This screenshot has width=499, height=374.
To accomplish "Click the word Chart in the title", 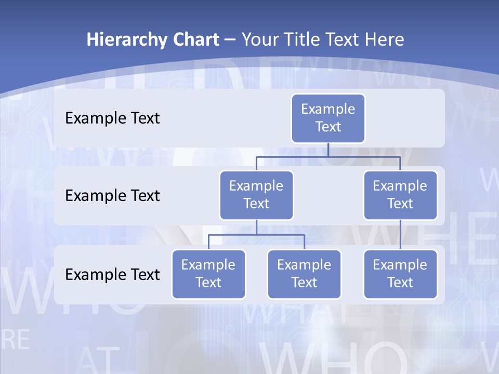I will (x=193, y=39).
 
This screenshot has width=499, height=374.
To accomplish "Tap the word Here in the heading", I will (x=385, y=39).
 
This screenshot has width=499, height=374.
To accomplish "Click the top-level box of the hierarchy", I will (x=328, y=118).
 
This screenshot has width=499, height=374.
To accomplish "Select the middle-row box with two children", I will (x=256, y=195).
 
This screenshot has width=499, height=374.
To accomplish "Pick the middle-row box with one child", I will (x=400, y=195).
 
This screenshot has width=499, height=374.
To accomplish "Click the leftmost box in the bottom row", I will (x=208, y=274).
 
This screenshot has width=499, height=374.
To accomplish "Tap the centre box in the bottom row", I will (x=304, y=274).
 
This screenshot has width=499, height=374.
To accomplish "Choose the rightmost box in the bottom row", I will (x=400, y=274).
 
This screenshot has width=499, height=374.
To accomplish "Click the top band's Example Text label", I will (x=112, y=118).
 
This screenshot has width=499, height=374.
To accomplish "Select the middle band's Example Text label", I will (x=112, y=196).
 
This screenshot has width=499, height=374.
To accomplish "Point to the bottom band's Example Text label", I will (x=112, y=274).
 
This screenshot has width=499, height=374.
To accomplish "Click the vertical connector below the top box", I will (x=328, y=150).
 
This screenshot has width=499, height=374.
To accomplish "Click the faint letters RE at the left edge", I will (x=16, y=339).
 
